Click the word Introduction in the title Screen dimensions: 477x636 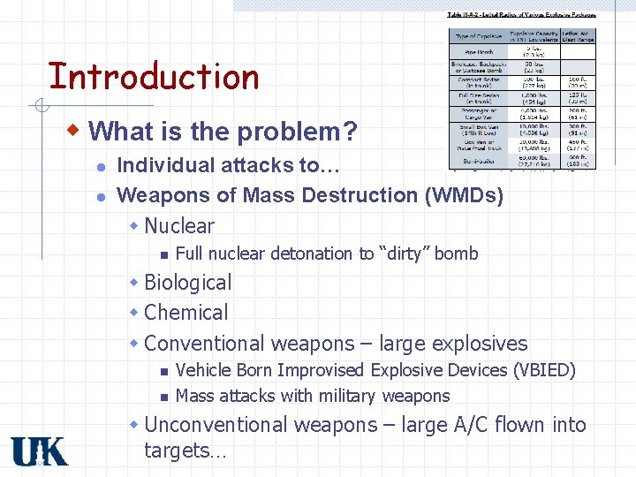pos(153,77)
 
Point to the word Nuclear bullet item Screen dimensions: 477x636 pos(178,225)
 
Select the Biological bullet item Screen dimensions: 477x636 pos(187,283)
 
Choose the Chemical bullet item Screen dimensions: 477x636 pos(185,313)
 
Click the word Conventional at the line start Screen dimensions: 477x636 pos(204,344)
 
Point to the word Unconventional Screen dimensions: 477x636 pos(216,425)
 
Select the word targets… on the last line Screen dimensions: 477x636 pos(185,450)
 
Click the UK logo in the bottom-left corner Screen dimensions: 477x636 pos(39,450)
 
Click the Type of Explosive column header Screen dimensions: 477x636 pos(479,36)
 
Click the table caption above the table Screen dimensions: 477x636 pos(521,15)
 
